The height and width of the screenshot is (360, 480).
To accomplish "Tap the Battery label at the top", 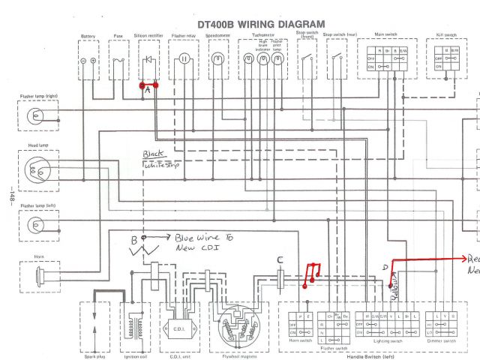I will [x=88, y=36].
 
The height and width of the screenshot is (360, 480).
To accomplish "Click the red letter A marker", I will [x=148, y=89].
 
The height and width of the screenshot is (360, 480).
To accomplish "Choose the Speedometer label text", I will [x=217, y=36].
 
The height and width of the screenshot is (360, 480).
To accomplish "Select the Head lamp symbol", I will [x=35, y=169].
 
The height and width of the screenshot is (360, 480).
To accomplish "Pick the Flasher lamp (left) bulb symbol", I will [x=34, y=224].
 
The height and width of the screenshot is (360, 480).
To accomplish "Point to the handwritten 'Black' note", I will [x=154, y=155].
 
